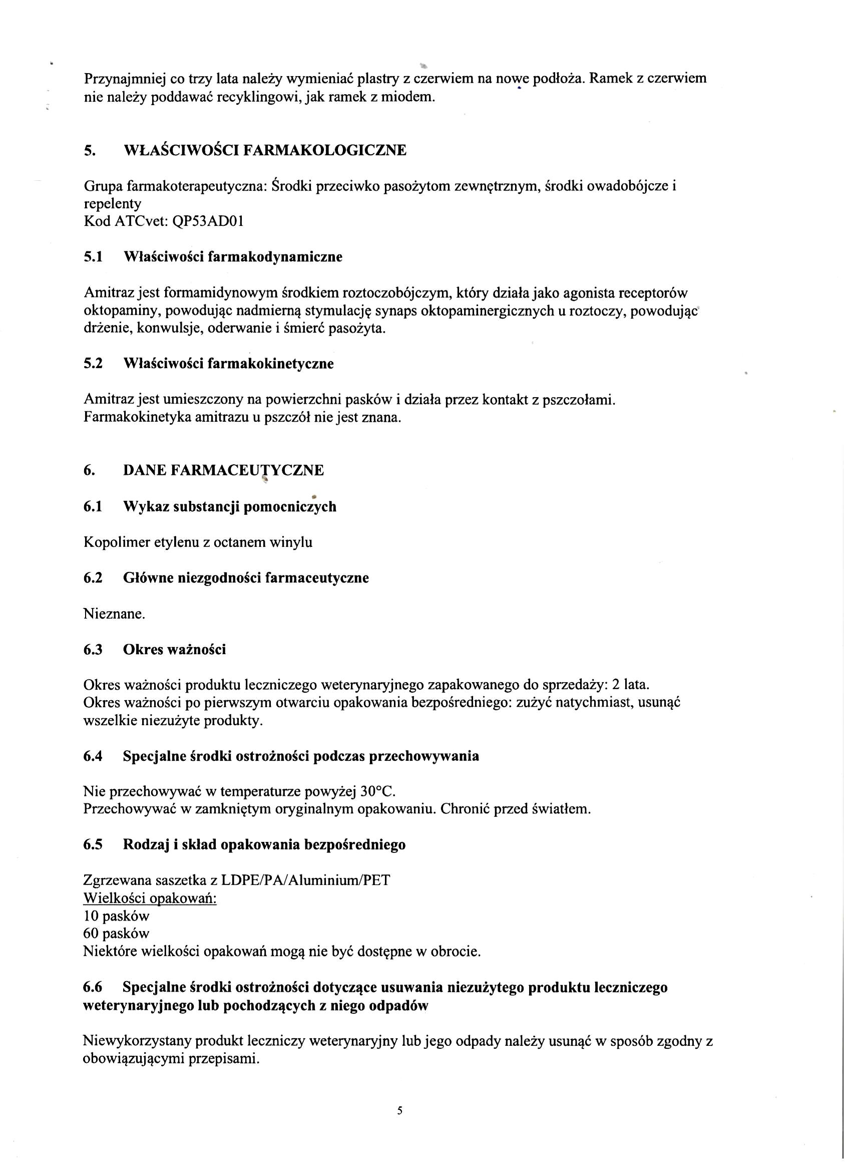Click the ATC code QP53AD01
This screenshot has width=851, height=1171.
point(209,221)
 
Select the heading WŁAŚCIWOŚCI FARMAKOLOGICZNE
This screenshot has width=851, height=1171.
point(265,150)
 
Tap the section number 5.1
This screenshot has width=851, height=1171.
point(93,256)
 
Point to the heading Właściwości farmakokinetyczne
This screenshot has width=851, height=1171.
point(228,364)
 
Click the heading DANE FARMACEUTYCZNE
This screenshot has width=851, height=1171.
point(223,470)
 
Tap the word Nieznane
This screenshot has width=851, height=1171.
point(114,614)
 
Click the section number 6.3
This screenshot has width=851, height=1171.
point(93,649)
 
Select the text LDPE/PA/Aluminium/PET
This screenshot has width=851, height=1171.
point(305,880)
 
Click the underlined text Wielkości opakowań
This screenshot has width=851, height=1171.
point(150,899)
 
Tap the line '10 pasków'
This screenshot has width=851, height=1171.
point(116,917)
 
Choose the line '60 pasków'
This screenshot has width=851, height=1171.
point(116,934)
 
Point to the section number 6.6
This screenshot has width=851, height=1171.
point(93,987)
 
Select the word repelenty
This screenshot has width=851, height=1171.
point(112,203)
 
